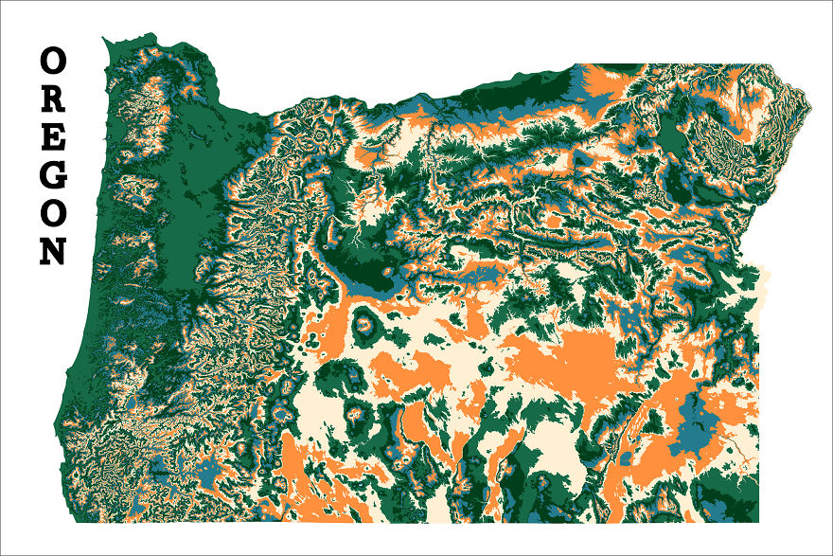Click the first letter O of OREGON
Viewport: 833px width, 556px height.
click(x=53, y=62)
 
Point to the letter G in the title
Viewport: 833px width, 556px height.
click(x=53, y=175)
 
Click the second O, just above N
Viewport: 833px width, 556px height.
click(x=53, y=213)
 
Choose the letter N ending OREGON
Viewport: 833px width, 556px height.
click(x=53, y=251)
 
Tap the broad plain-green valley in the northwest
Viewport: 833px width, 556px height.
click(x=189, y=189)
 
